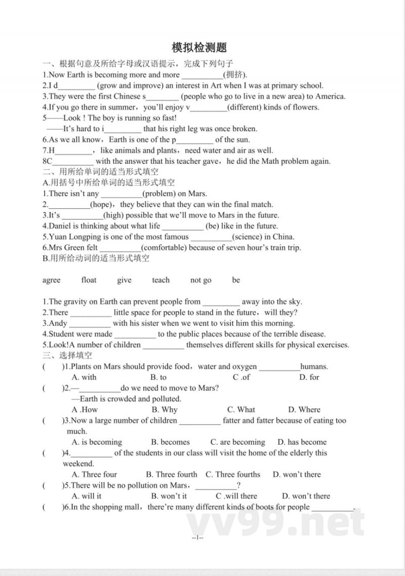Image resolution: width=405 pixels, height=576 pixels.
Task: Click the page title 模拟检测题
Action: coord(199,48)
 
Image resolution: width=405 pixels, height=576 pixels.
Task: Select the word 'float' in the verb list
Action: coord(89,280)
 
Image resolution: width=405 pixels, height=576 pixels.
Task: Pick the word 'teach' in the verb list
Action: coord(160,280)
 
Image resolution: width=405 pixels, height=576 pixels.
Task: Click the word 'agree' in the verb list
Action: coord(51,280)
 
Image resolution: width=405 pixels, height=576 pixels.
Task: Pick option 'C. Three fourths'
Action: coord(233,475)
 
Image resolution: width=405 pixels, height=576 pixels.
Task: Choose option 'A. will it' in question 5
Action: coord(87,496)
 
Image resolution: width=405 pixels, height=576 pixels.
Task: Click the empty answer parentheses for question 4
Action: coord(53,453)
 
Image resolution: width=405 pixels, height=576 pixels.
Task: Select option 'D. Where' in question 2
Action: coord(304,409)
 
